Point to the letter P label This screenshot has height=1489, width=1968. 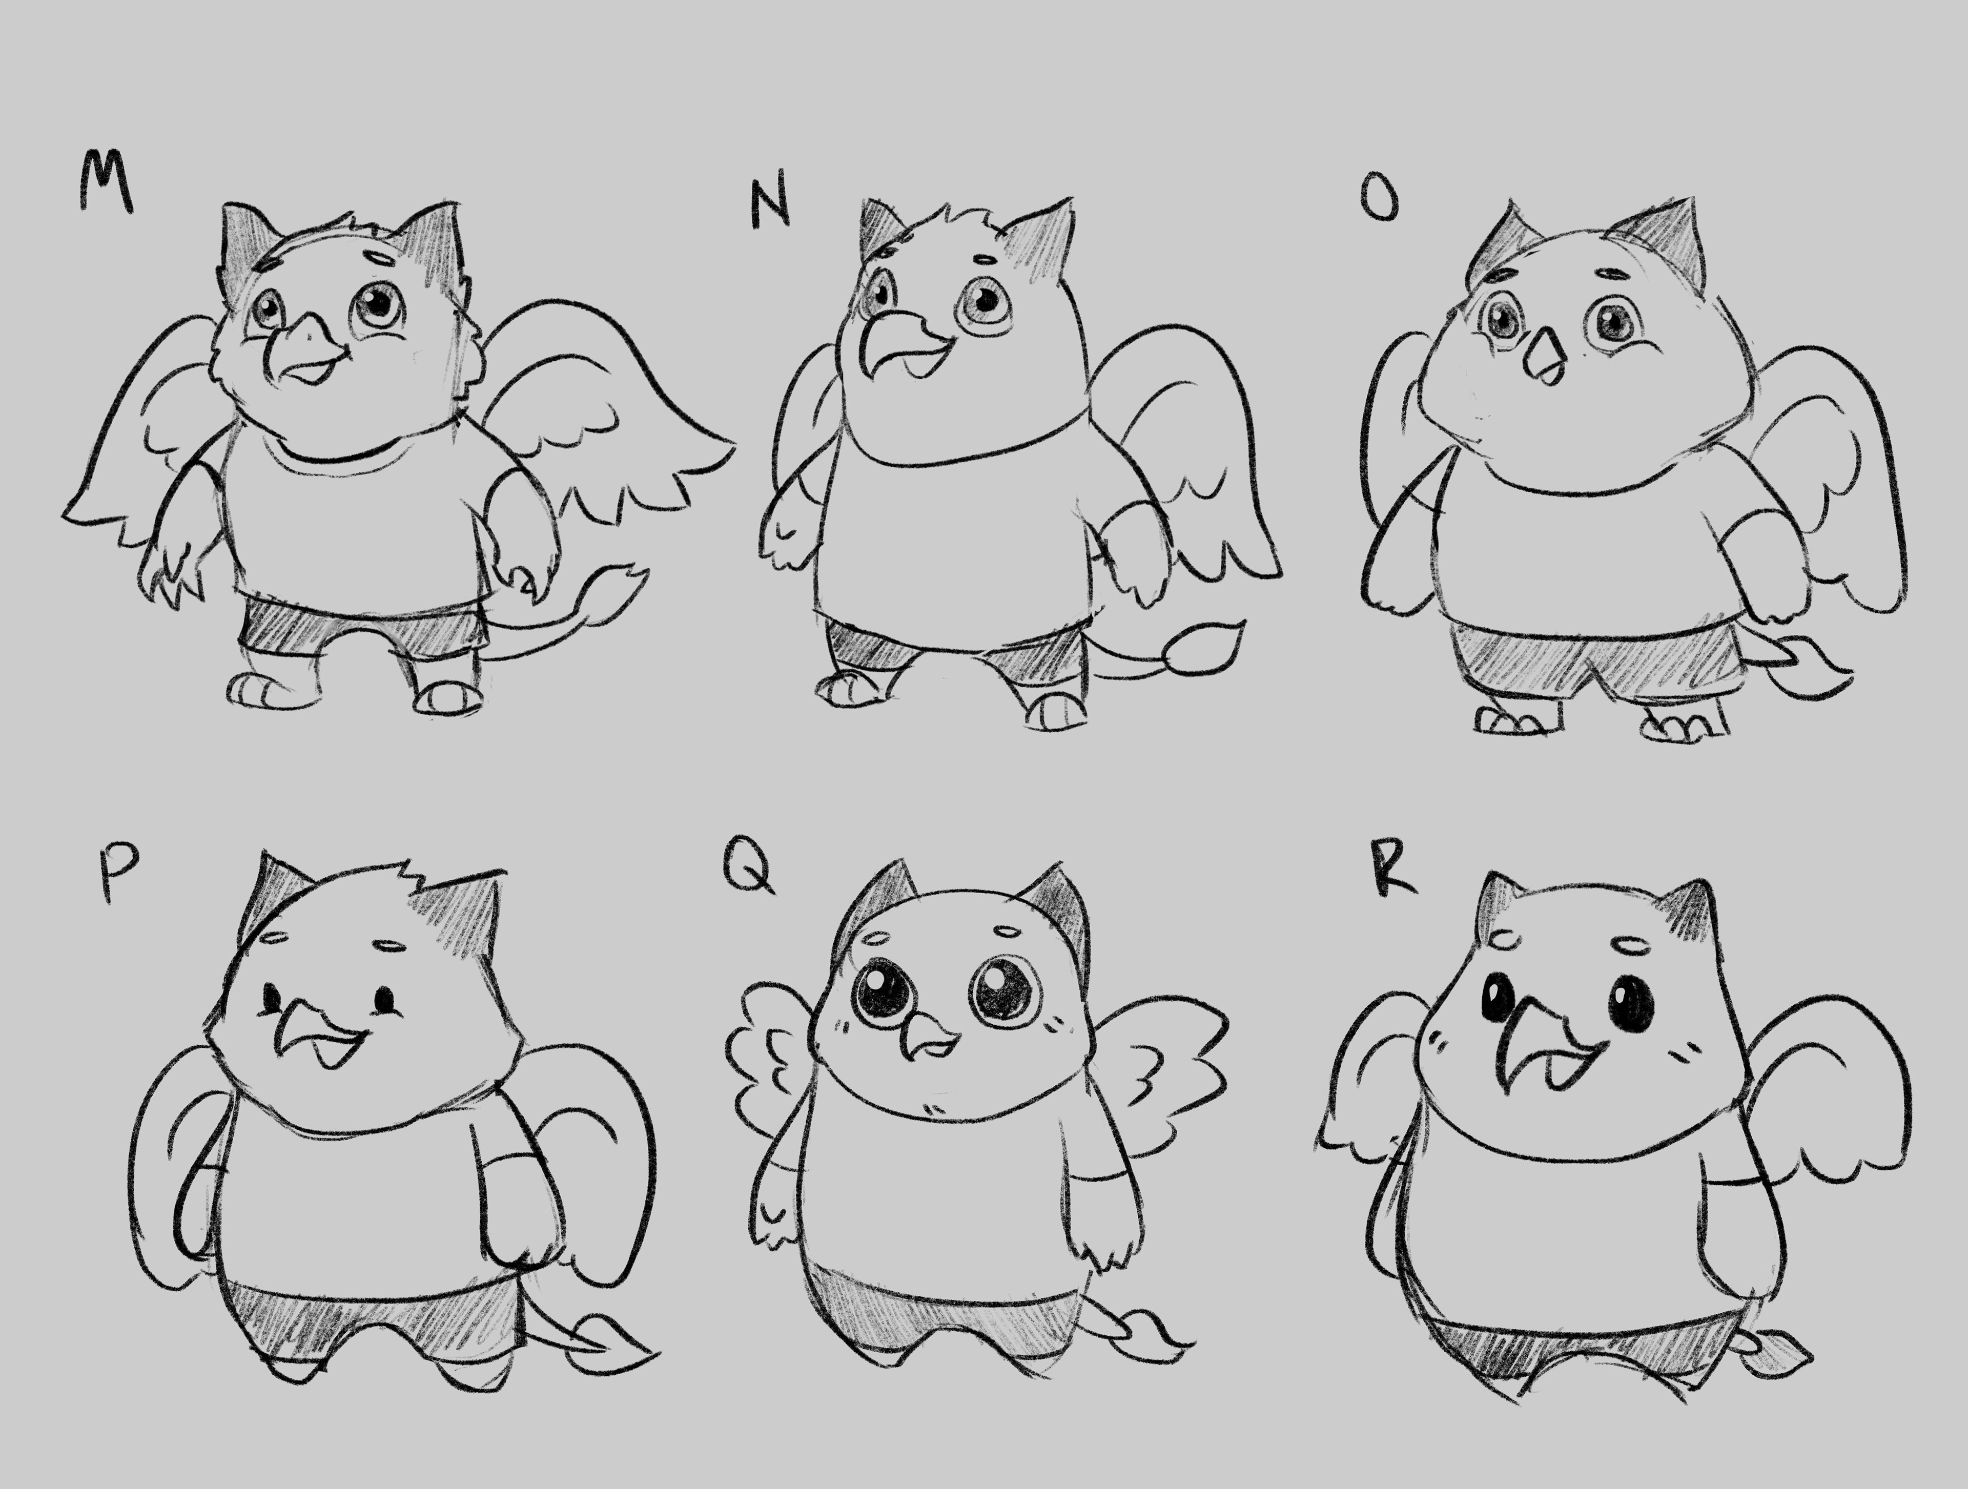coord(118,871)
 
